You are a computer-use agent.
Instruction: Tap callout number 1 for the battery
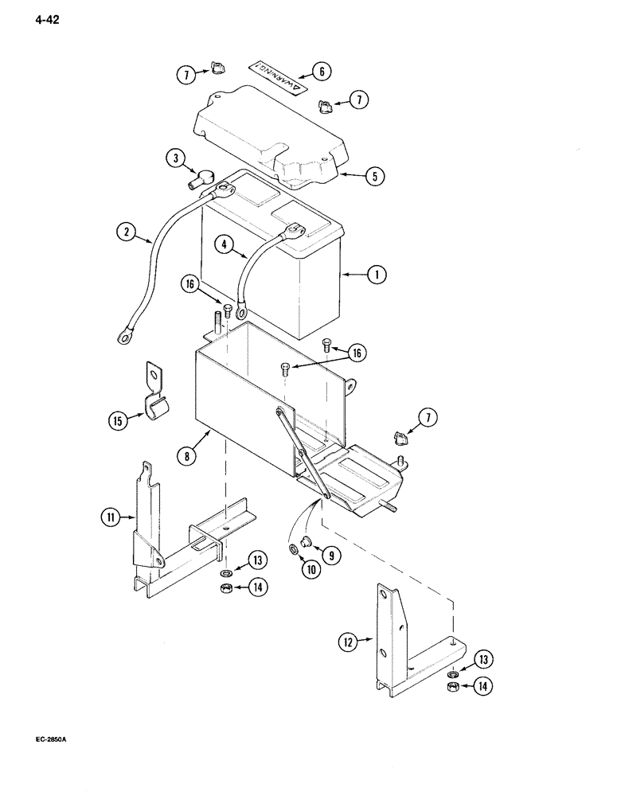377,275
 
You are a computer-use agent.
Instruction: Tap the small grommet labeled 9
310,549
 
